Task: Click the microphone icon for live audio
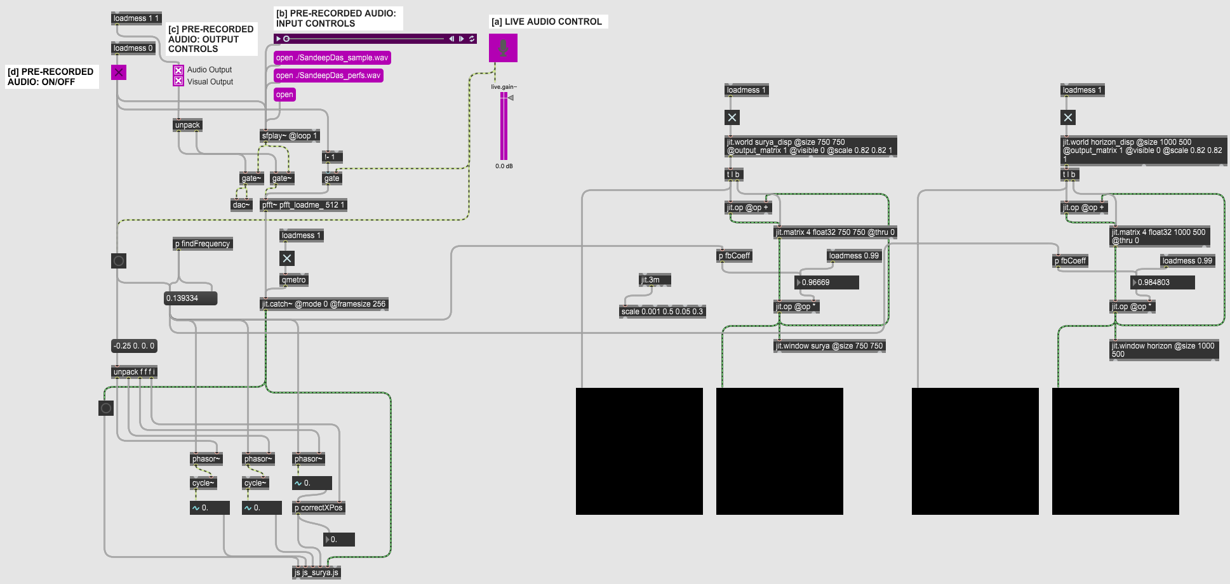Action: pos(503,48)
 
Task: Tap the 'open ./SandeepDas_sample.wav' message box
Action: pos(331,58)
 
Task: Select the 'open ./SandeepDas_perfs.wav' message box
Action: pos(328,76)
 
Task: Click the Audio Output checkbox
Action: pos(178,70)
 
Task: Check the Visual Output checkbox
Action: pos(178,81)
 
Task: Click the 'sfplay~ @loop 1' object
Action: pos(289,136)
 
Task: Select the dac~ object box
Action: pos(241,205)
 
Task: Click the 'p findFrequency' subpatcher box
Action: pos(203,244)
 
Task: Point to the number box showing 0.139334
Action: pos(190,298)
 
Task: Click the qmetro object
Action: pos(293,280)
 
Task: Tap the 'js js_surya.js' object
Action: pos(316,573)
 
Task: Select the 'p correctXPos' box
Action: pos(318,508)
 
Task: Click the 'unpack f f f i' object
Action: pos(134,372)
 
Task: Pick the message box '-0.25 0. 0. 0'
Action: pos(134,346)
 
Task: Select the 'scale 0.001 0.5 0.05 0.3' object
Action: pos(662,312)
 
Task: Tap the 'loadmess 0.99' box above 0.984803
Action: pos(1187,261)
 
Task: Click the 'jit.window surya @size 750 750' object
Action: pos(829,346)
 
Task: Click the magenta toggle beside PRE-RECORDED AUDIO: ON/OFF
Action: pos(119,72)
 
